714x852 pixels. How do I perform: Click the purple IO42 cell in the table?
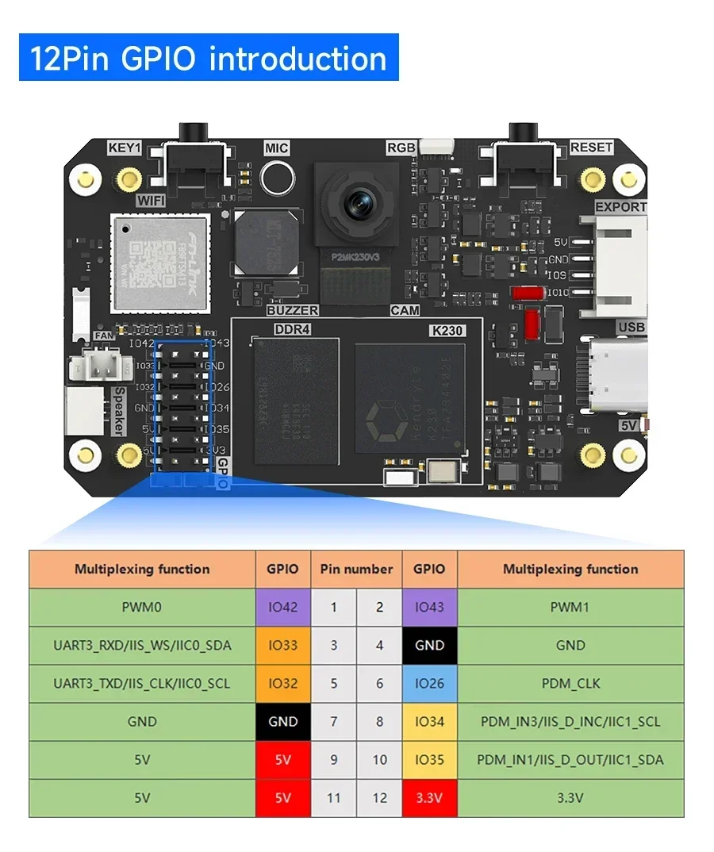tap(283, 607)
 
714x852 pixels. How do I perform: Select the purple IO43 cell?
tap(429, 607)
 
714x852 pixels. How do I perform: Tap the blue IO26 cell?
tap(429, 683)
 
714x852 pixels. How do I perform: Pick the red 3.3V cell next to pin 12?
tap(429, 798)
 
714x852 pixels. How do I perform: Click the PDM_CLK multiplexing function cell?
tap(570, 683)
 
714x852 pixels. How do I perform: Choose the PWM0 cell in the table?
tap(142, 607)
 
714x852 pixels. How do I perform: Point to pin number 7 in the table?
tap(334, 722)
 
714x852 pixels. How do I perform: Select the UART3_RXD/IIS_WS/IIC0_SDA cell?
tap(142, 645)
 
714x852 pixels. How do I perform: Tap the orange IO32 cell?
tap(283, 683)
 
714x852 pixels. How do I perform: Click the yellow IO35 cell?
tap(429, 760)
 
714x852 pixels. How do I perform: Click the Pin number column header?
tap(356, 569)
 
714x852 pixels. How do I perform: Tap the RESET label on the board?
tap(591, 148)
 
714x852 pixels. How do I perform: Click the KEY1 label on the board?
tap(125, 148)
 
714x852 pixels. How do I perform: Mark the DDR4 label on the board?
tap(292, 330)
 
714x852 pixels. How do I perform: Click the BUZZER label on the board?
tap(292, 310)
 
